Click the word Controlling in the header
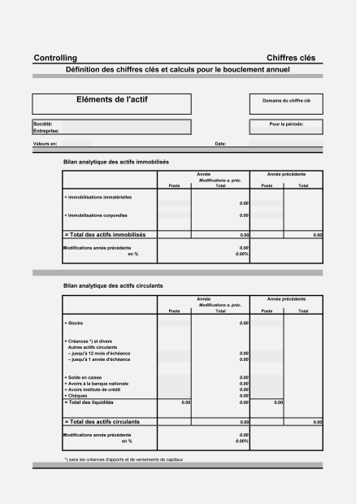coord(55,59)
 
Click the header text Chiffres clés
coord(291,59)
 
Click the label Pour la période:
coord(285,124)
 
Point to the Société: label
coord(42,124)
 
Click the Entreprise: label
coord(47,130)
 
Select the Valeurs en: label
coord(46,144)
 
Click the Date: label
coord(220,144)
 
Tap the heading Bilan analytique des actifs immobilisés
coord(115,163)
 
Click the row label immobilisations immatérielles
coord(98,197)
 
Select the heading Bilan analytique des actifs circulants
coord(113,286)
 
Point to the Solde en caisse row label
coord(85,378)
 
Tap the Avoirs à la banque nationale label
coord(97,384)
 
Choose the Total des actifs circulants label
coord(102,422)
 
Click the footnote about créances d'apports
coord(124,459)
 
